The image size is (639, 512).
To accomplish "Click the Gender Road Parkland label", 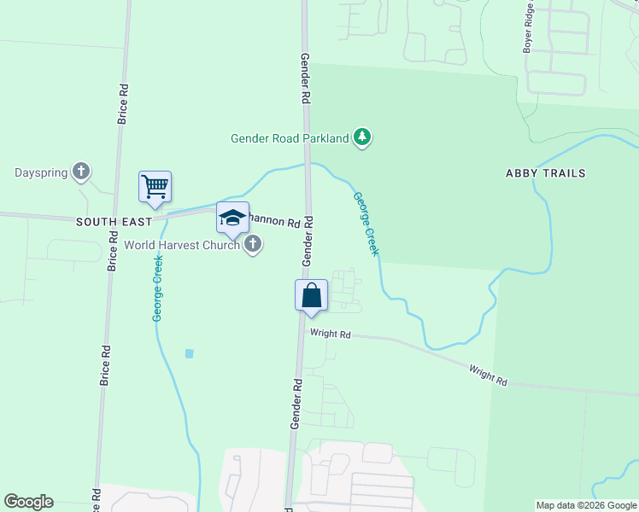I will [x=290, y=138].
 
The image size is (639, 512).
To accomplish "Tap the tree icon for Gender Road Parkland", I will [x=363, y=137].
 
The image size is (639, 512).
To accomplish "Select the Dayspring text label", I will [x=40, y=172].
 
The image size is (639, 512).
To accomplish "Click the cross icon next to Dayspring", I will [x=81, y=172].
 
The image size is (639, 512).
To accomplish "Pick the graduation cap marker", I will [x=232, y=218].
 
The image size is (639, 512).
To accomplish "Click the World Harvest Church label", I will [x=182, y=245].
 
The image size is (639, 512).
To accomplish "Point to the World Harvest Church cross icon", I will [x=252, y=245].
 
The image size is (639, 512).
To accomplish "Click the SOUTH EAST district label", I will [x=114, y=221].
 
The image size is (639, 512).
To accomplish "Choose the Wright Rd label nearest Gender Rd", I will [x=331, y=335].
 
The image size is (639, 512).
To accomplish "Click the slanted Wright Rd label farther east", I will [x=488, y=375].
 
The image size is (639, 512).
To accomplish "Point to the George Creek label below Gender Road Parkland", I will [x=365, y=225].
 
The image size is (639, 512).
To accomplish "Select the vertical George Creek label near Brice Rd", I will [x=158, y=288].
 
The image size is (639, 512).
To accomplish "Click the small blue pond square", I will [x=189, y=353].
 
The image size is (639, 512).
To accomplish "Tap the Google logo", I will [x=28, y=502].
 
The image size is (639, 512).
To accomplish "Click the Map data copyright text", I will [x=586, y=505].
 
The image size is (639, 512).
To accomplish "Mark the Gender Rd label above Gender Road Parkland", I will [x=304, y=78].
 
